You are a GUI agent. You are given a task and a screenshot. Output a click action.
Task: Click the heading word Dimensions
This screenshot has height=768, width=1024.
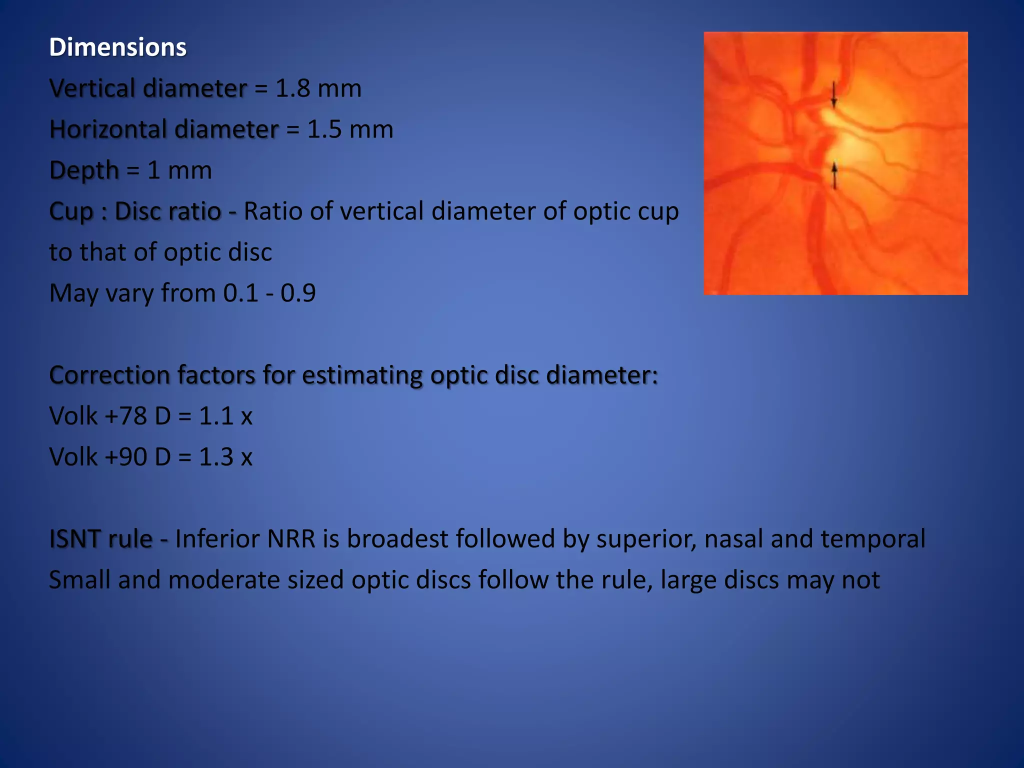pos(117,47)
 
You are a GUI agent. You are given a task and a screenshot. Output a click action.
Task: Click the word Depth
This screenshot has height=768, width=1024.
pos(84,171)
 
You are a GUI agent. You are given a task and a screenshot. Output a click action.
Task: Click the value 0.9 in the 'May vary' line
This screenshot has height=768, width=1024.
pos(298,293)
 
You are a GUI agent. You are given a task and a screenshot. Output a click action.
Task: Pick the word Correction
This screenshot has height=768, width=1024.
pos(109,375)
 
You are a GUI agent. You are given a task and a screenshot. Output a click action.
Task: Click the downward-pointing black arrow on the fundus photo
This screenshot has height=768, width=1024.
pos(833,95)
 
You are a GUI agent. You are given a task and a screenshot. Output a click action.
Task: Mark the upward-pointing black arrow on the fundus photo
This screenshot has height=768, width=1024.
pos(834,175)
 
